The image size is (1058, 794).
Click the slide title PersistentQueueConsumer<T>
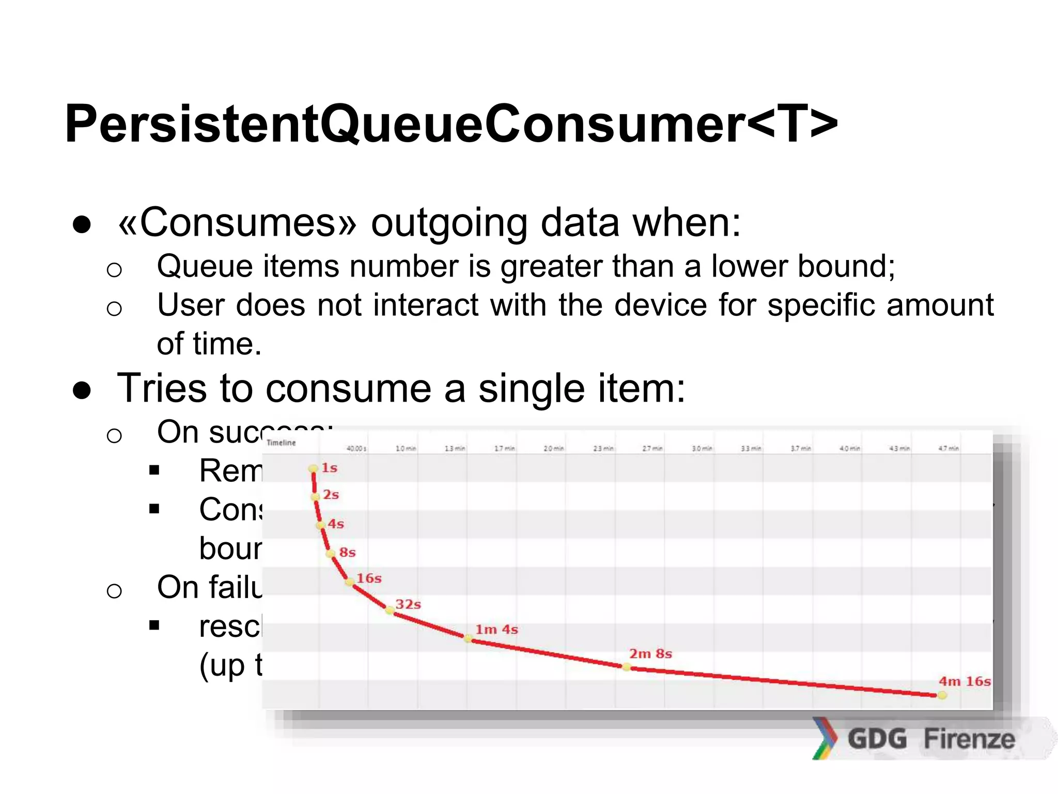[x=450, y=124]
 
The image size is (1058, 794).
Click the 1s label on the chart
[x=329, y=468]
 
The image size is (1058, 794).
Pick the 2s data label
[x=331, y=495]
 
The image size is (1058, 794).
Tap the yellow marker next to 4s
[x=321, y=525]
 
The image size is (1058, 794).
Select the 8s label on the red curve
[x=347, y=552]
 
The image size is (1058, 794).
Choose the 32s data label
[x=408, y=604]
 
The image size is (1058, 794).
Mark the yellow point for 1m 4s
[x=468, y=639]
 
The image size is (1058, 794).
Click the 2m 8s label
[x=650, y=654]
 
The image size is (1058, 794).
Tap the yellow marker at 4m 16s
[x=942, y=695]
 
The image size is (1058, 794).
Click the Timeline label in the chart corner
[x=281, y=442]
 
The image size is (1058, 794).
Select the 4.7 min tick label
[x=949, y=448]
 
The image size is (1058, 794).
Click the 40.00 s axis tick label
[x=356, y=448]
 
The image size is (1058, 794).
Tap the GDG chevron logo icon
[x=824, y=738]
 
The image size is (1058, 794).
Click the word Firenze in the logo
[x=969, y=738]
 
